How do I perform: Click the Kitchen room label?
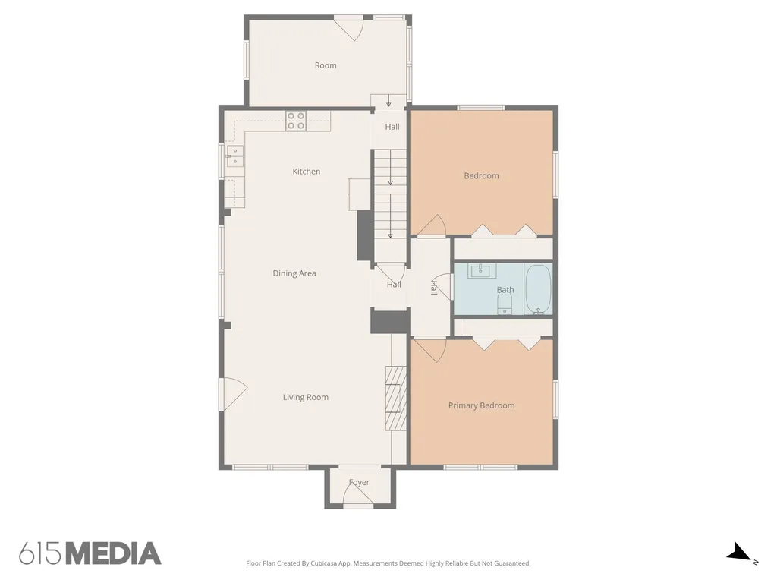(x=307, y=172)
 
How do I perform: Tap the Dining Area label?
(x=294, y=273)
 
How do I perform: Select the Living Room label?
(x=305, y=397)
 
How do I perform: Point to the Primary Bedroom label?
(x=481, y=405)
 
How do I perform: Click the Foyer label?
(x=359, y=482)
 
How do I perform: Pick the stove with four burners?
(x=296, y=121)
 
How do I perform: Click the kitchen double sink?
(x=235, y=156)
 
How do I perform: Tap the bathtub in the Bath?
(x=538, y=289)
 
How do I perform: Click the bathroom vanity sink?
(x=482, y=271)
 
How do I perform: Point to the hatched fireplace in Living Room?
(x=396, y=398)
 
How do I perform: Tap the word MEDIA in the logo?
(x=114, y=553)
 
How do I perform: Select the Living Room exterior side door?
(x=233, y=394)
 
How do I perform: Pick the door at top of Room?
(x=349, y=29)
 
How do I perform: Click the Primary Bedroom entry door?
(x=430, y=351)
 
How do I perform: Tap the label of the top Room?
(x=326, y=65)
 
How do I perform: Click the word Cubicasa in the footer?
(x=325, y=563)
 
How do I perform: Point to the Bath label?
(x=505, y=290)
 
